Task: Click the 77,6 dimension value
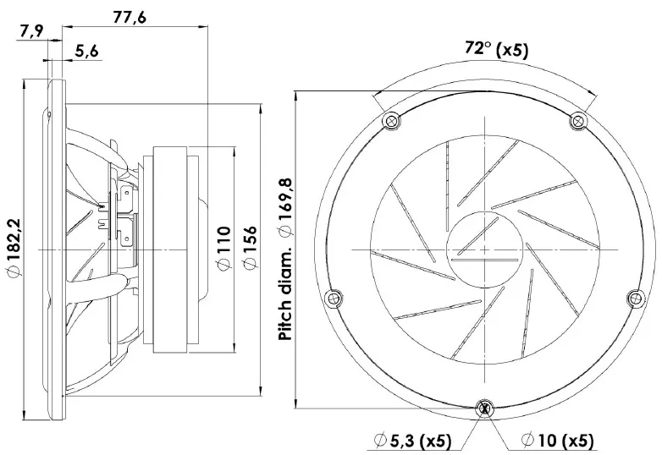130,17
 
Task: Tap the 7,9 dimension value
30,31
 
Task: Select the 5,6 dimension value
86,51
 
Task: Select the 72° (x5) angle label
496,49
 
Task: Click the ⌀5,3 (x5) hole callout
413,441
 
